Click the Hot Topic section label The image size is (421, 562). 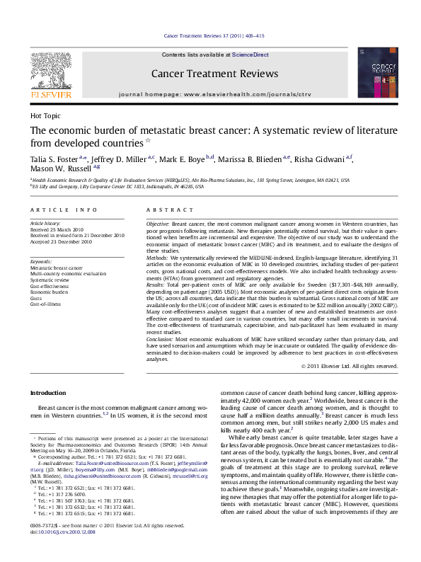point(45,115)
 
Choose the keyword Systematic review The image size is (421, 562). point(49,279)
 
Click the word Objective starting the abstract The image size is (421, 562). point(158,223)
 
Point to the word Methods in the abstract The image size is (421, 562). point(157,259)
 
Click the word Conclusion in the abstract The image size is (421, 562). point(160,339)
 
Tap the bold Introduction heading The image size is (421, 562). point(47,393)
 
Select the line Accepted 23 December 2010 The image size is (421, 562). point(62,242)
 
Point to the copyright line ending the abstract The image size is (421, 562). point(349,366)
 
